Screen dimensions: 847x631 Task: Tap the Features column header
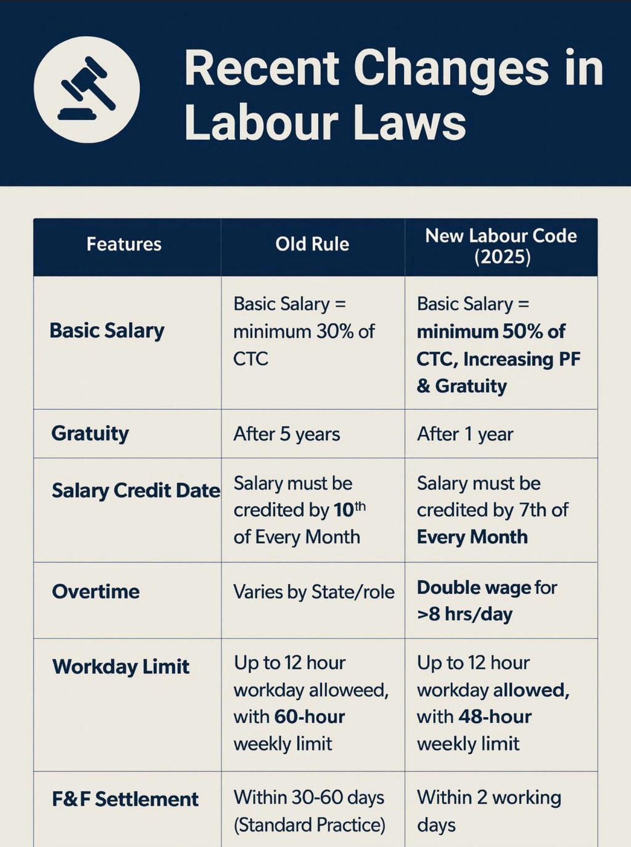point(124,244)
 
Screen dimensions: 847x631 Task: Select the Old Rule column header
point(312,244)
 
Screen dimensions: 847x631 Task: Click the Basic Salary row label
point(107,331)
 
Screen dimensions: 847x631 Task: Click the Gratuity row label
point(90,434)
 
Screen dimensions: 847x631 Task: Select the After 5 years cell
point(287,434)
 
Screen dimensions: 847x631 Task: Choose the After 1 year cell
point(465,434)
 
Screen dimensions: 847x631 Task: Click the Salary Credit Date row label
point(135,491)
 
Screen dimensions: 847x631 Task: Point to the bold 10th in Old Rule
point(349,510)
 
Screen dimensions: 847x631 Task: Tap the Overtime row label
point(96,591)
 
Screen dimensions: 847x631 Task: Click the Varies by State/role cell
point(314,592)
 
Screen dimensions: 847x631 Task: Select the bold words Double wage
point(474,588)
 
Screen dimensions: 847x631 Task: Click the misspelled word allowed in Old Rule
point(349,690)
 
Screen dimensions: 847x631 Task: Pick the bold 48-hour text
point(495,717)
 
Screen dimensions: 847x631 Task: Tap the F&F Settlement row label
point(125,799)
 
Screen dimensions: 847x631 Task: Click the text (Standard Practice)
point(309,825)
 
